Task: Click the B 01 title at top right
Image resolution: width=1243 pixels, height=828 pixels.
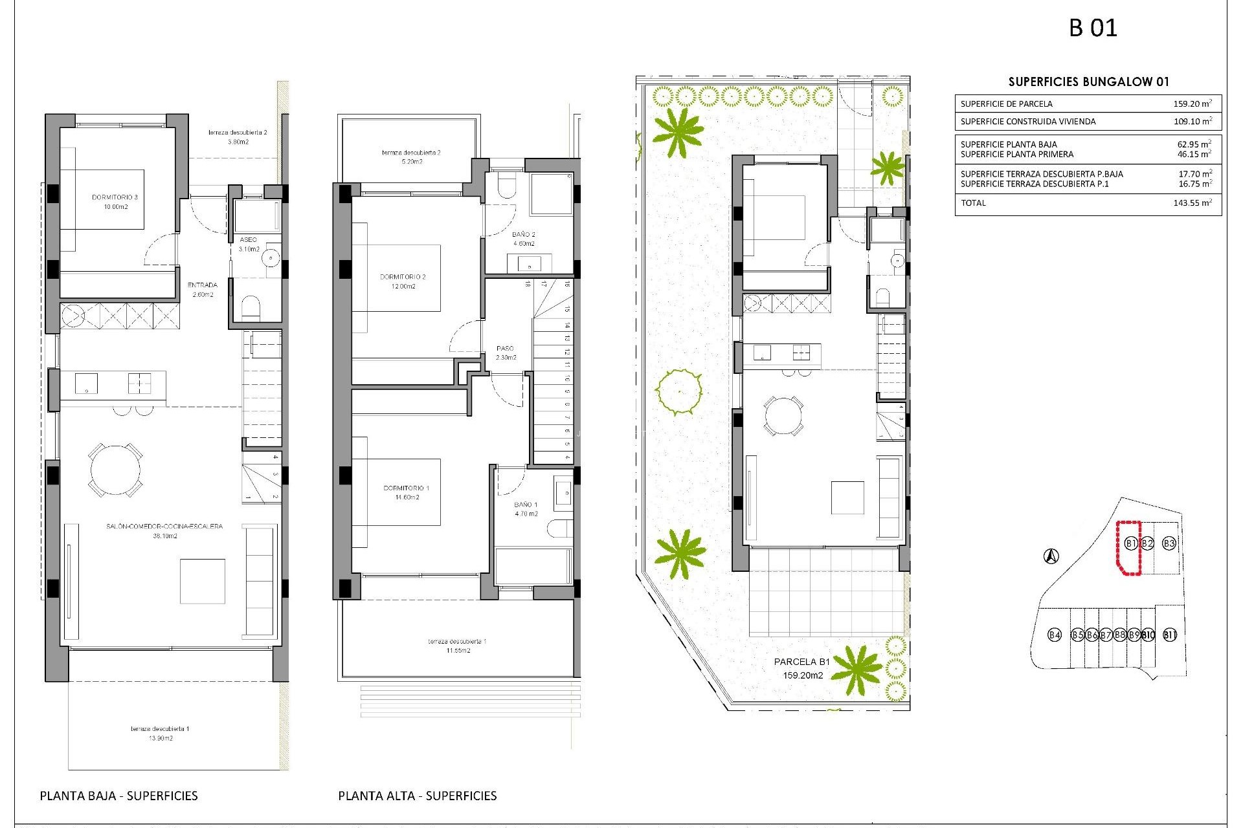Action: tap(1093, 28)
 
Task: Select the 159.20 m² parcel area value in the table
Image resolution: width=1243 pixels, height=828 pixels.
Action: tap(1193, 103)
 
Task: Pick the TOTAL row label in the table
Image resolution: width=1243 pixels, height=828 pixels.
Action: tap(973, 203)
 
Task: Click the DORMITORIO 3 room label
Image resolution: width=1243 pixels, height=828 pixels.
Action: tap(115, 197)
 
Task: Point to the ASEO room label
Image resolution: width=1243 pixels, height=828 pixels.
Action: tap(248, 240)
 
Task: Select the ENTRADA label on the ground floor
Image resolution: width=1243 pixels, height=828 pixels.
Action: tap(203, 285)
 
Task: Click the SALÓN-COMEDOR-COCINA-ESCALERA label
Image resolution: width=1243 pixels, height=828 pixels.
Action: tap(164, 527)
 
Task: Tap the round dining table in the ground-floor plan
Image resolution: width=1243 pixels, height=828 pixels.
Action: tap(116, 470)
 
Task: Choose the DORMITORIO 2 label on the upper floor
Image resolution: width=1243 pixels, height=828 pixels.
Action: tap(403, 277)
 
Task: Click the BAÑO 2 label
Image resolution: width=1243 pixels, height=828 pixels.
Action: tap(524, 235)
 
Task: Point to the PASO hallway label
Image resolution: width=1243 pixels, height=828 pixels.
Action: tap(505, 349)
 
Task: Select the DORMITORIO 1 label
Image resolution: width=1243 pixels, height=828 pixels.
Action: tap(407, 488)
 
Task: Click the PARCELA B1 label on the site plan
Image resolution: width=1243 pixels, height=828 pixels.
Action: tap(801, 662)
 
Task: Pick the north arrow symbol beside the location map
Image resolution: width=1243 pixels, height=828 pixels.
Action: tap(1051, 556)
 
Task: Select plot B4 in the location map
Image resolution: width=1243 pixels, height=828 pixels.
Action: tap(1055, 635)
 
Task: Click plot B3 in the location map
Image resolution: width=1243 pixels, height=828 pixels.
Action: tap(1169, 543)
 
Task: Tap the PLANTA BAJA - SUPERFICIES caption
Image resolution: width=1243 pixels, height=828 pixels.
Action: tap(119, 796)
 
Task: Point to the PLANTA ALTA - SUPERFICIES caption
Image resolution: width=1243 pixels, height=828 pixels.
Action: tap(418, 796)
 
